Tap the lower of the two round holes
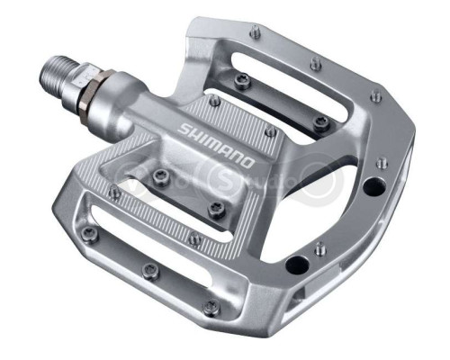294,265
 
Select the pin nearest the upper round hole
382,164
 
